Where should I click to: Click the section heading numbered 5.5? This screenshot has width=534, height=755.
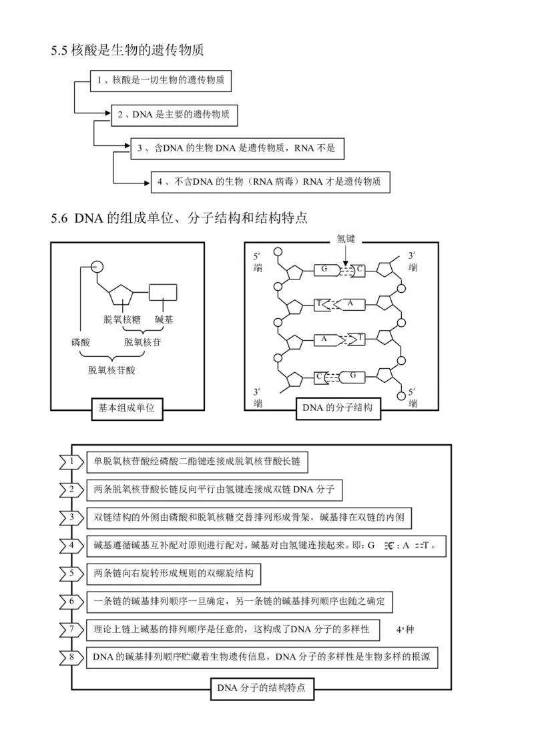[127, 50]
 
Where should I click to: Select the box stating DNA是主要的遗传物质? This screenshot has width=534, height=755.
[174, 115]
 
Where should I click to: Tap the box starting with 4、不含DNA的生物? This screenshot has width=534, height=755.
[270, 182]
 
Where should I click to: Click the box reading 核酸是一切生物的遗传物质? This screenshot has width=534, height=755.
[160, 81]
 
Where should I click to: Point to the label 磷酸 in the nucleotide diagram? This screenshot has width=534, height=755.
[81, 342]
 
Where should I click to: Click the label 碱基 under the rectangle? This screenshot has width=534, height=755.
[164, 319]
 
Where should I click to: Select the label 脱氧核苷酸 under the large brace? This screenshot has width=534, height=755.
[111, 370]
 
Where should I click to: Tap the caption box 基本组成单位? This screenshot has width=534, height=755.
[127, 409]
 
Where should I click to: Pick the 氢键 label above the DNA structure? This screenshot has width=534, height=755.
[346, 238]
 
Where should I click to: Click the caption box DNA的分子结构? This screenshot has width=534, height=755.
[338, 408]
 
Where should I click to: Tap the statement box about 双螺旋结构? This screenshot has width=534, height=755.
[174, 574]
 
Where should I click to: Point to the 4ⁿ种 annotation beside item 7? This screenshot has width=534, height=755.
[405, 630]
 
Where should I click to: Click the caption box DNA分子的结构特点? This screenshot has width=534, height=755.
[262, 688]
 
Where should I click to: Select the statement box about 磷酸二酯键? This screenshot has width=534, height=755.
[197, 462]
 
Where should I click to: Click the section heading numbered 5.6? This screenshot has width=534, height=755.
[180, 219]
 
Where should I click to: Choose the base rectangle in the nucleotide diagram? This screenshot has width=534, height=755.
[162, 292]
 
